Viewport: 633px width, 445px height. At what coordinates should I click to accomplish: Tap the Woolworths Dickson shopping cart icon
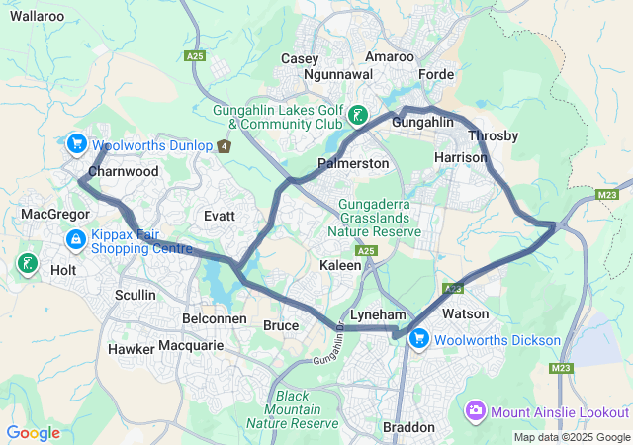[x=419, y=339]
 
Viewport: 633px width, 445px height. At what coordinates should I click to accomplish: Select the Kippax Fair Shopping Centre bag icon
[x=75, y=239]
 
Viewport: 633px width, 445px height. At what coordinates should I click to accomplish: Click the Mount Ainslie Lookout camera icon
[x=476, y=410]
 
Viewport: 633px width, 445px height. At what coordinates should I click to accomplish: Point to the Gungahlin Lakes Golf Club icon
[x=357, y=118]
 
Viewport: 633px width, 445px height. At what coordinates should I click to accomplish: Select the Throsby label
[x=493, y=135]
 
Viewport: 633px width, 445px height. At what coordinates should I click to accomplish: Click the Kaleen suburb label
[x=340, y=266]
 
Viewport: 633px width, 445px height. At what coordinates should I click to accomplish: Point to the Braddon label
[x=408, y=427]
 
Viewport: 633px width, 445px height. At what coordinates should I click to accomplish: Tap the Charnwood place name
[x=123, y=171]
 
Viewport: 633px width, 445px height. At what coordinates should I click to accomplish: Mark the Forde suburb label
[x=436, y=74]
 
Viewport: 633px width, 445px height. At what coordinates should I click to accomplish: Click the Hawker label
[x=131, y=348]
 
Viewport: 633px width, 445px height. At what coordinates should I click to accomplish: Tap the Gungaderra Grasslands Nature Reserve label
[x=380, y=219]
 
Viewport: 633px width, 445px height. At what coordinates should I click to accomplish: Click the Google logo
[x=33, y=433]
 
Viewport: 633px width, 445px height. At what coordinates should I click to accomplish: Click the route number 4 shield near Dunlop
[x=225, y=146]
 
